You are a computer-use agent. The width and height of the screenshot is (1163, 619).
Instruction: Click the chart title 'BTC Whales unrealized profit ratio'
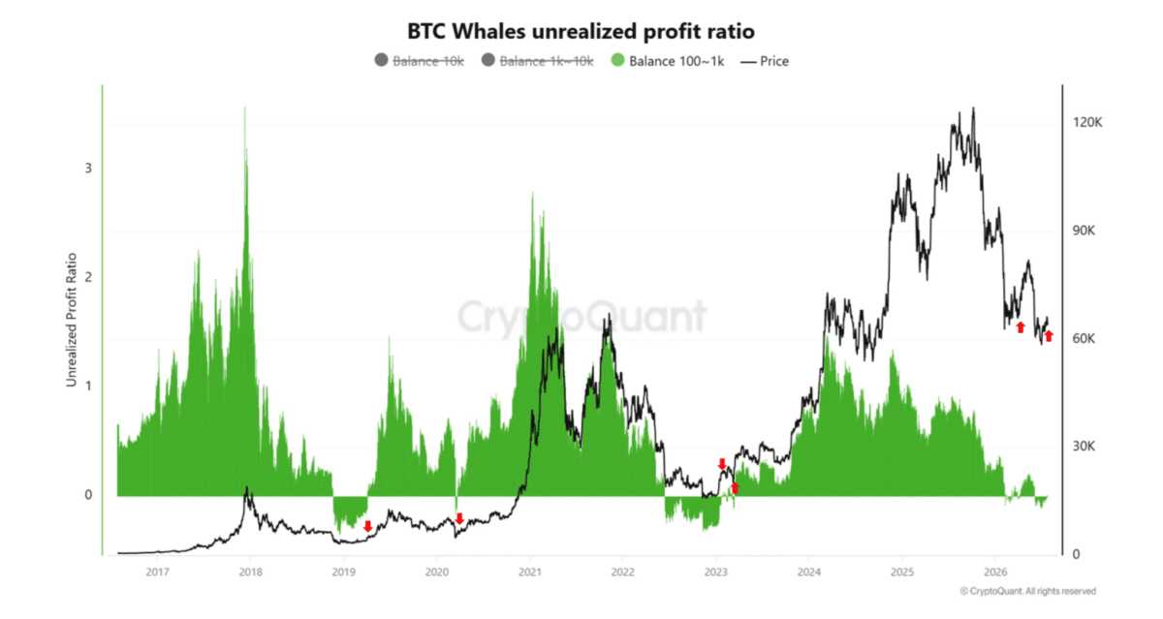[581, 31]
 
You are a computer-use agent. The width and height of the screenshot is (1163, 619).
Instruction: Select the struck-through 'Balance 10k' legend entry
[419, 61]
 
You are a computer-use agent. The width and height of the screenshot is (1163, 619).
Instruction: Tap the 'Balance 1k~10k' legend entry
[537, 61]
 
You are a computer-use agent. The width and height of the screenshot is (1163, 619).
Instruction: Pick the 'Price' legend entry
[765, 61]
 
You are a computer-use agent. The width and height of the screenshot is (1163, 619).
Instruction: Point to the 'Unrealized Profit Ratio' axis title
[72, 320]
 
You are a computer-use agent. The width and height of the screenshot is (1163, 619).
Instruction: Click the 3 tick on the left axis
[88, 169]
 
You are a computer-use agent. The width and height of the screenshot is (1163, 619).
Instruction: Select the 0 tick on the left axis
[88, 495]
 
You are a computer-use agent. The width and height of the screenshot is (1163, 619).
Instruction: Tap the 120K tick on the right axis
[1087, 122]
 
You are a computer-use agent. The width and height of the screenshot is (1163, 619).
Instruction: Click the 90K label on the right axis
[1084, 231]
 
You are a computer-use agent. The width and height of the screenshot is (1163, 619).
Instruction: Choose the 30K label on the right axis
[1084, 447]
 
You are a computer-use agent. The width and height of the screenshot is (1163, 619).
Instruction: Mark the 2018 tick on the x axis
[250, 573]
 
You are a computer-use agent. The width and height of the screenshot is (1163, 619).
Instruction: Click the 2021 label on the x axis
[529, 573]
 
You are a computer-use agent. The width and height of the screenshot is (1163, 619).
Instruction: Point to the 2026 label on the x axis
[995, 573]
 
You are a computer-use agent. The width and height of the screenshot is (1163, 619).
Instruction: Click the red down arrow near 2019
[368, 527]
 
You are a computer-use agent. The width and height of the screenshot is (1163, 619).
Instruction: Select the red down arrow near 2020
[459, 518]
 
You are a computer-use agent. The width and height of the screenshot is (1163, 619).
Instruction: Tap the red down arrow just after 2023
[722, 464]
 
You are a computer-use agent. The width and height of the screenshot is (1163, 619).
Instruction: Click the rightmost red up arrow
[1049, 336]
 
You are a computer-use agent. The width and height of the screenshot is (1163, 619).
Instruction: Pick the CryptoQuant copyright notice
[1028, 591]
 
